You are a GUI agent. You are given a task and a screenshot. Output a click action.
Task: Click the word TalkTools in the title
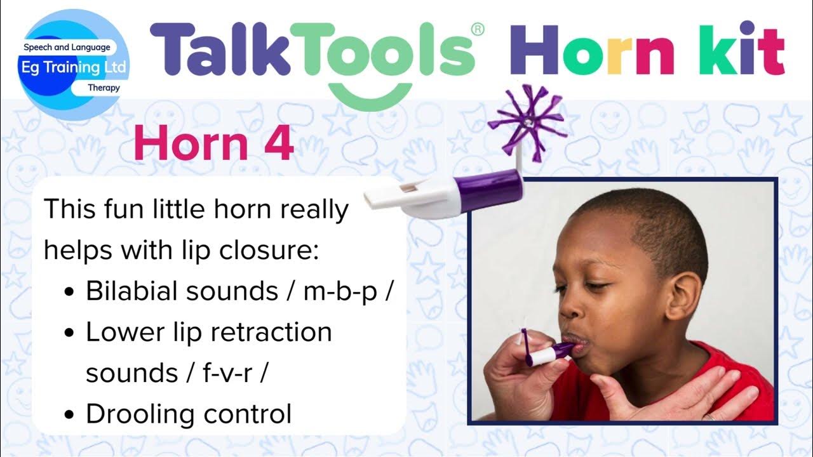[x=311, y=51]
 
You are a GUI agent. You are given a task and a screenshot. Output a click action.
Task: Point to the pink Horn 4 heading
[x=213, y=144]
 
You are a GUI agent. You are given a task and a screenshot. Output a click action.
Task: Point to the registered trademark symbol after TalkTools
[x=478, y=29]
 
